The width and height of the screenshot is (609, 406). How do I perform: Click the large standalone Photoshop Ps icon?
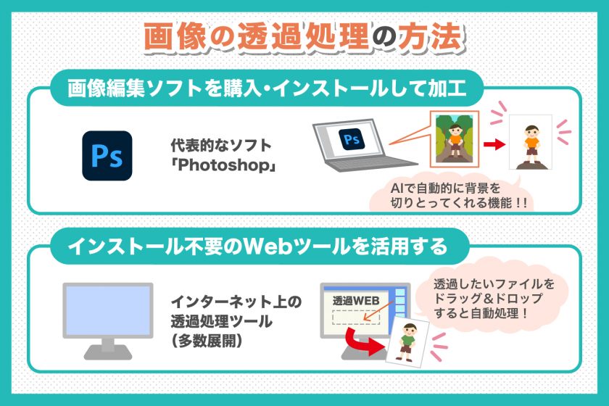click(x=107, y=156)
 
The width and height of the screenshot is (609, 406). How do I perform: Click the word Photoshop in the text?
click(x=224, y=165)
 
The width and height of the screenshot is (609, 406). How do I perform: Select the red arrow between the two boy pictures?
click(x=494, y=144)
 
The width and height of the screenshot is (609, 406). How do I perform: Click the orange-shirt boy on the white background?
click(x=531, y=144)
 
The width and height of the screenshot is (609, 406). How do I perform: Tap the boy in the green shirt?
click(x=407, y=343)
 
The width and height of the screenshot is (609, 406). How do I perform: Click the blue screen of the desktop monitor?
click(x=107, y=310)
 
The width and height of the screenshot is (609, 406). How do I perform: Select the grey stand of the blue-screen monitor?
click(x=107, y=349)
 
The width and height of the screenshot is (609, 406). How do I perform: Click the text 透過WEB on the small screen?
click(x=356, y=301)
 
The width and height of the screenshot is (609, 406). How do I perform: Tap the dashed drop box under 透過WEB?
click(x=356, y=317)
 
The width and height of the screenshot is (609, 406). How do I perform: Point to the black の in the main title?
click(x=384, y=37)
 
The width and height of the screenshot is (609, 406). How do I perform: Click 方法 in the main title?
click(x=431, y=37)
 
